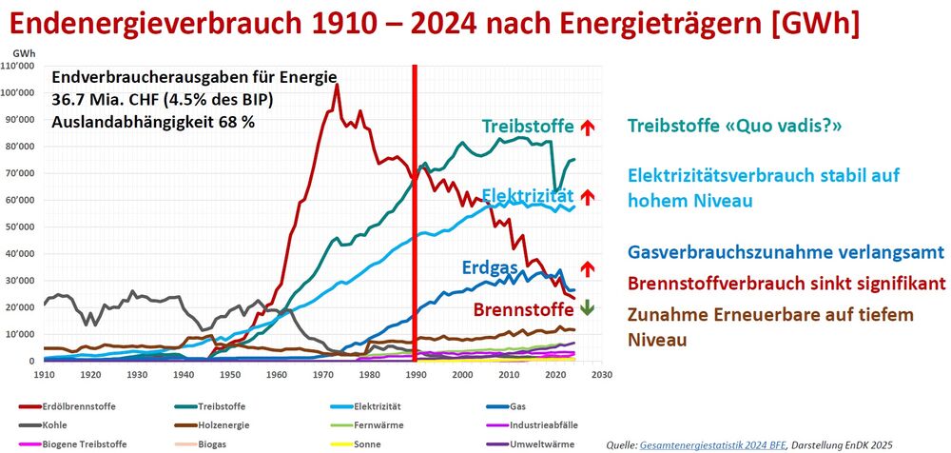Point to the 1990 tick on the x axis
(x=416, y=375)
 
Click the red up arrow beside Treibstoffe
(x=587, y=127)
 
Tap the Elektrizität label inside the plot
(x=526, y=196)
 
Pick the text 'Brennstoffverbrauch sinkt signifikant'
(x=786, y=283)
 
